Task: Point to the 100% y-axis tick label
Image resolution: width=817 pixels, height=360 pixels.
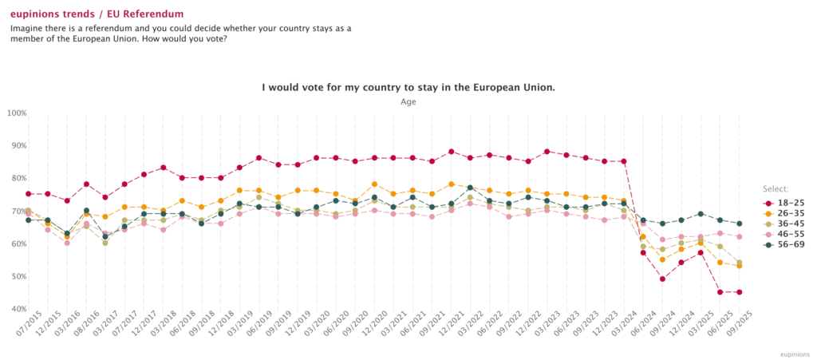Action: click(x=16, y=113)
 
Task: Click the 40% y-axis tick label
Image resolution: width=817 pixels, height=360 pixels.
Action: click(x=18, y=309)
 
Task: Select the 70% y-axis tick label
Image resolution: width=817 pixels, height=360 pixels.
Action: click(x=18, y=212)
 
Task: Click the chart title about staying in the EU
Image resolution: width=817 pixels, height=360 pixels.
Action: click(x=408, y=87)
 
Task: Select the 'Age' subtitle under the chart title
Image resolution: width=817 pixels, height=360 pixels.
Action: click(x=408, y=101)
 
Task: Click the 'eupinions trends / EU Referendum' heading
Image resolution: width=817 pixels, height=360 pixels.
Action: click(x=97, y=14)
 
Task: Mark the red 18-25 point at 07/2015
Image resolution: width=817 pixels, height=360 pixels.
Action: click(x=29, y=194)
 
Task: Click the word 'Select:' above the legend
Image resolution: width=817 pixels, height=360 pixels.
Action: click(x=776, y=189)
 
